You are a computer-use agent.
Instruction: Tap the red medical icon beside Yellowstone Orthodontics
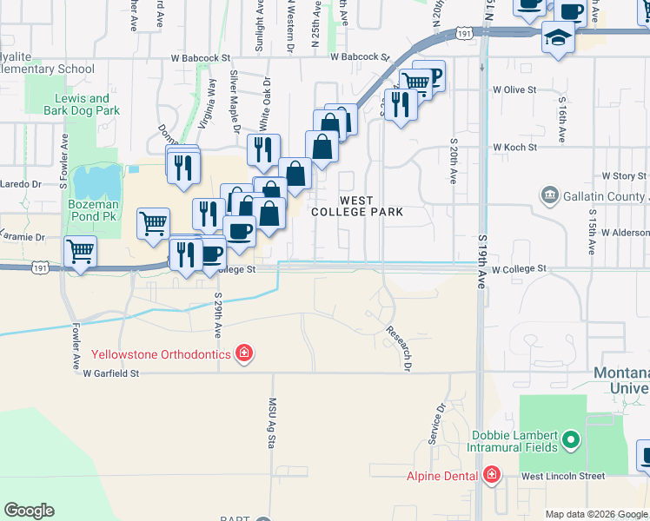pos(245,353)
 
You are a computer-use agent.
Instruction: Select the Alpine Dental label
pos(443,475)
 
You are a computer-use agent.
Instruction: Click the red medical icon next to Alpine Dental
pos(492,475)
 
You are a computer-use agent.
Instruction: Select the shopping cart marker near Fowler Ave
pos(81,252)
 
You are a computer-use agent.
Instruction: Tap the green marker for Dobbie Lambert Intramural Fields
pos(570,441)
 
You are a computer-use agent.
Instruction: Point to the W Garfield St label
pos(111,373)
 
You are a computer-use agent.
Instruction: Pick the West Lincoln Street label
pos(562,476)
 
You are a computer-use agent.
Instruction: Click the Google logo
pos(29,511)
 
